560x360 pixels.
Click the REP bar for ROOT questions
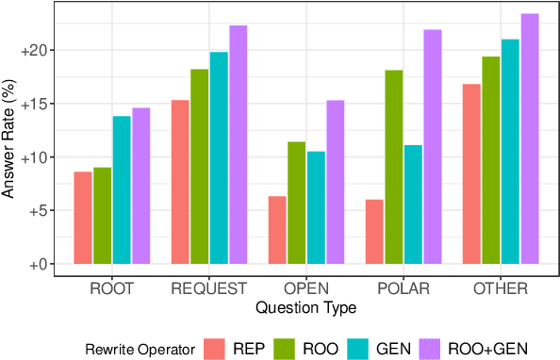(x=83, y=218)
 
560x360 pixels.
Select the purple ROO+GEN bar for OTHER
(x=529, y=139)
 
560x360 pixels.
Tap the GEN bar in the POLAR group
(x=412, y=205)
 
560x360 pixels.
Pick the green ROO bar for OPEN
(x=296, y=203)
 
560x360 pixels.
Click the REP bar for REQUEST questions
(x=180, y=182)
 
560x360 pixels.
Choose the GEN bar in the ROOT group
(x=122, y=189)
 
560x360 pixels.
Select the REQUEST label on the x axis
(x=209, y=288)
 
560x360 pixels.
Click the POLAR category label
(x=403, y=288)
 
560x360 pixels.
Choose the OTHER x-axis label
(x=500, y=288)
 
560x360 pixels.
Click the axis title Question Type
(x=306, y=306)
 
